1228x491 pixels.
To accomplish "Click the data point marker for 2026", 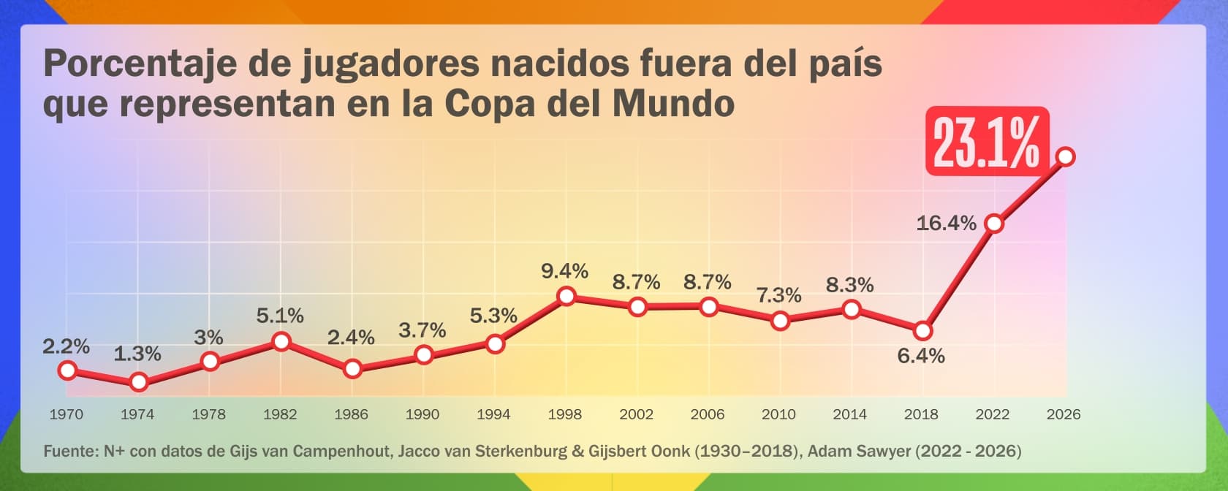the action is tap(1065, 156).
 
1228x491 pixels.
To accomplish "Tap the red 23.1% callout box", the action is tap(988, 142).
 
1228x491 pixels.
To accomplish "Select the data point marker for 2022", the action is tap(994, 224).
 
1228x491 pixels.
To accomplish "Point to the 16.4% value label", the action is tap(946, 224).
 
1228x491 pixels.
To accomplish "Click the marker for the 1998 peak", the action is tap(566, 297).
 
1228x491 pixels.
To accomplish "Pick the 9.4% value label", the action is tap(564, 270).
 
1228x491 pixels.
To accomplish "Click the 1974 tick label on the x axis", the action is tap(137, 414).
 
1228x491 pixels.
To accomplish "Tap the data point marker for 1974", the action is tap(139, 381).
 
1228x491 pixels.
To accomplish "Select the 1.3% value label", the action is tap(137, 354).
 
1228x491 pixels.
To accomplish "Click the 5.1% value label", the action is tap(279, 316).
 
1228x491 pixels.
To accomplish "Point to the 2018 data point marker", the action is tap(922, 331).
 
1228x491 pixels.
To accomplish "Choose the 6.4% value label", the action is tap(921, 357).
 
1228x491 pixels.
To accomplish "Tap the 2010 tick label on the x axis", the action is tap(778, 414).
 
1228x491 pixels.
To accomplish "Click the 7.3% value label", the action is tap(778, 295).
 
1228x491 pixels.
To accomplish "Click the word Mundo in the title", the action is tap(674, 103).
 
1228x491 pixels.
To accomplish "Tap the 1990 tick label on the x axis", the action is tap(422, 414).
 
